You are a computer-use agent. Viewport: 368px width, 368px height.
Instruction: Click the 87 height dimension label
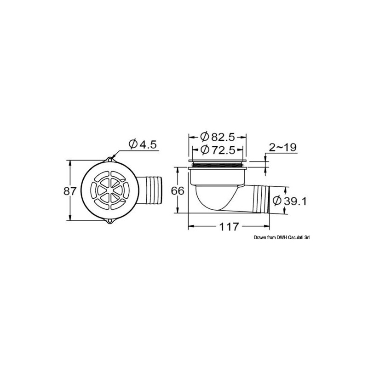pos(70,191)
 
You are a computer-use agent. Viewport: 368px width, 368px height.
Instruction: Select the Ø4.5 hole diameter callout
pos(143,144)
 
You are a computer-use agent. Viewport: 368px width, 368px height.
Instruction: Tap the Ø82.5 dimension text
pos(218,137)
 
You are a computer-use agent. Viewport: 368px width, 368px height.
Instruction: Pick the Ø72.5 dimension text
pos(218,150)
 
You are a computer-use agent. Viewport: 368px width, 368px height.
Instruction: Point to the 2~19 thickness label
pos(282,147)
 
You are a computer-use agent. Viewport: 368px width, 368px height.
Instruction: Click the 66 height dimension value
pos(178,191)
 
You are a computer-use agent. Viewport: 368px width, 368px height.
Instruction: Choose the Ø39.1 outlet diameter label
pos(290,201)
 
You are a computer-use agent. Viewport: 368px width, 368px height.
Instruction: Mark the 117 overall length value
pos(229,227)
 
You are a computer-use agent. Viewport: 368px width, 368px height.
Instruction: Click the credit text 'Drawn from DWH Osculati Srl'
pos(282,238)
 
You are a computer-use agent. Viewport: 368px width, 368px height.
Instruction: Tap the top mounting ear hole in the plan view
pos(109,160)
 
